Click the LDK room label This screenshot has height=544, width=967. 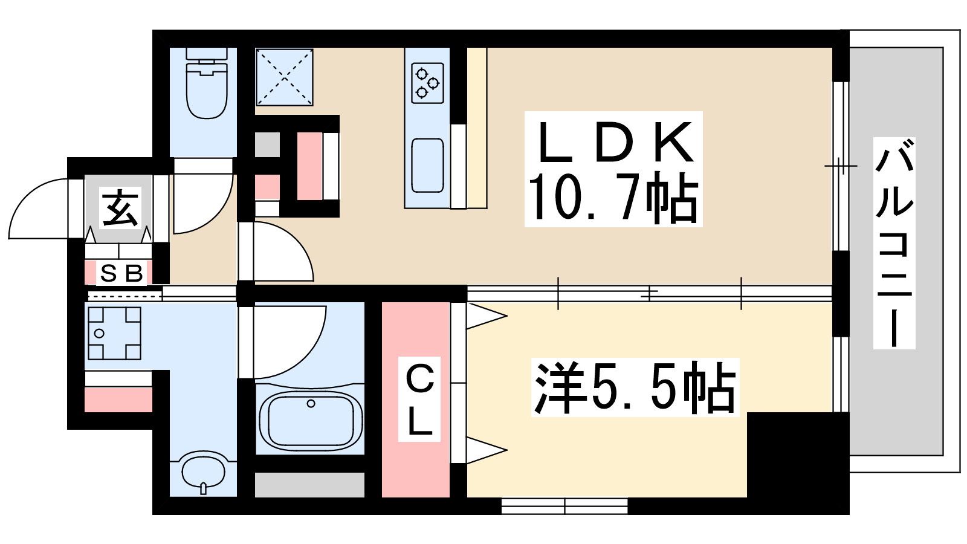pos(613,142)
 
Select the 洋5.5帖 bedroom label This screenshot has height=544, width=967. pos(635,387)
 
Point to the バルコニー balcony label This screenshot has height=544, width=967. pos(894,243)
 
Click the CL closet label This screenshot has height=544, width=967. pos(419,399)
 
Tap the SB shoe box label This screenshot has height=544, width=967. pos(121,274)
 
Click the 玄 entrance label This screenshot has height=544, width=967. pos(121,207)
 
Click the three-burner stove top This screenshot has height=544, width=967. pos(427,83)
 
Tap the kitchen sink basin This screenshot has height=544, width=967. pos(427,165)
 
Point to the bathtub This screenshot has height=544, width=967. pos(310,419)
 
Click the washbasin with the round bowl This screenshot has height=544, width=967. pos(204,470)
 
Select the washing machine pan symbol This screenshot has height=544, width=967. pos(114,333)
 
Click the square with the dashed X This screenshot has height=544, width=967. pos(284,77)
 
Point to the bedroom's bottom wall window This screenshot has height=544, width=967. pos(564,505)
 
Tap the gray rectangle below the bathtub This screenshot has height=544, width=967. pos(309,485)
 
